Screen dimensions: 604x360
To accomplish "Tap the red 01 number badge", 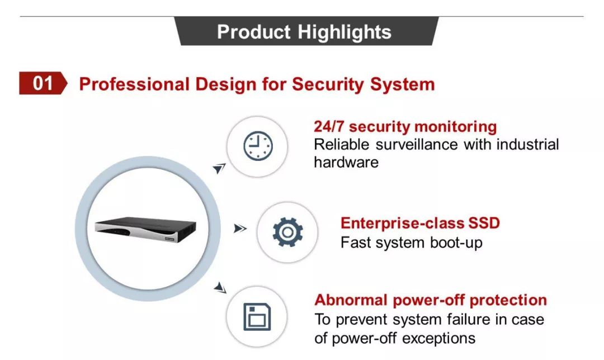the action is coord(43,83).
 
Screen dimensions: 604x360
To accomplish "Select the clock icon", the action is coord(258,146).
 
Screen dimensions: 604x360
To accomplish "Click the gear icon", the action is coord(288,232).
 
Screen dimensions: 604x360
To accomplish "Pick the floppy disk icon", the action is coord(257,317).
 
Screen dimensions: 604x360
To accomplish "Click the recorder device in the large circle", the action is coord(145,230).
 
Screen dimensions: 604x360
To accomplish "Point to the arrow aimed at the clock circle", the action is coord(219,168).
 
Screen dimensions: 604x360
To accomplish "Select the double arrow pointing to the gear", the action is coord(240,229).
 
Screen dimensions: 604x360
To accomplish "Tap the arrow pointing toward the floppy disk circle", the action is coord(220,288).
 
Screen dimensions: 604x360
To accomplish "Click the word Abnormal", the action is coord(351,300).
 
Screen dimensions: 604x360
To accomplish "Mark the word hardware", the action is coord(346,162).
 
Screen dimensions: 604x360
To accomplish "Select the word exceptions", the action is coord(439,339).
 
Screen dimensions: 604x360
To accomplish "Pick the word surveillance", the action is coord(417,145).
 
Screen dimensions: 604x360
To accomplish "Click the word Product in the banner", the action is coord(253,32).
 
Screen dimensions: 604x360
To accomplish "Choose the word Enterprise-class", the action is coord(403,223).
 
